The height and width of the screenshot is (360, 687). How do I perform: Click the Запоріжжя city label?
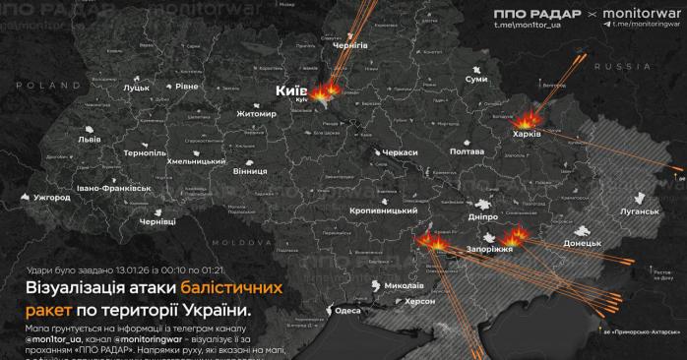(475, 251)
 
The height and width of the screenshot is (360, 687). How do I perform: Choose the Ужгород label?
(52, 198)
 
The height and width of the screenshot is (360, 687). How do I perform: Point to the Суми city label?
(476, 78)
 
